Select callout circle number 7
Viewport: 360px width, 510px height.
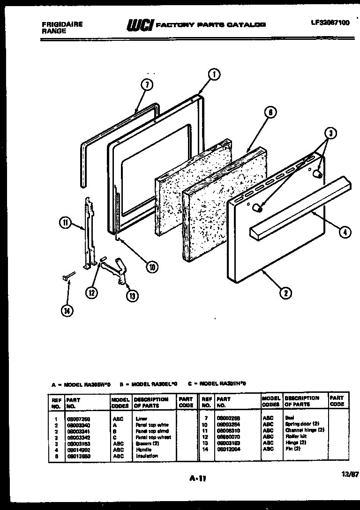pos(147,85)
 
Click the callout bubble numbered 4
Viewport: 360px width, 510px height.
pos(345,231)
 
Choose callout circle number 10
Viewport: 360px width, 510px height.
pos(151,267)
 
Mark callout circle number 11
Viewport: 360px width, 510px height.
pos(66,223)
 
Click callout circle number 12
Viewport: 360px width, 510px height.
pos(92,292)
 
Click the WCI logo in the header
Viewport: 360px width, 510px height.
pos(140,25)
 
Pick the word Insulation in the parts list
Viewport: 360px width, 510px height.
pos(147,456)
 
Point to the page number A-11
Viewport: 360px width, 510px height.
pos(198,479)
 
